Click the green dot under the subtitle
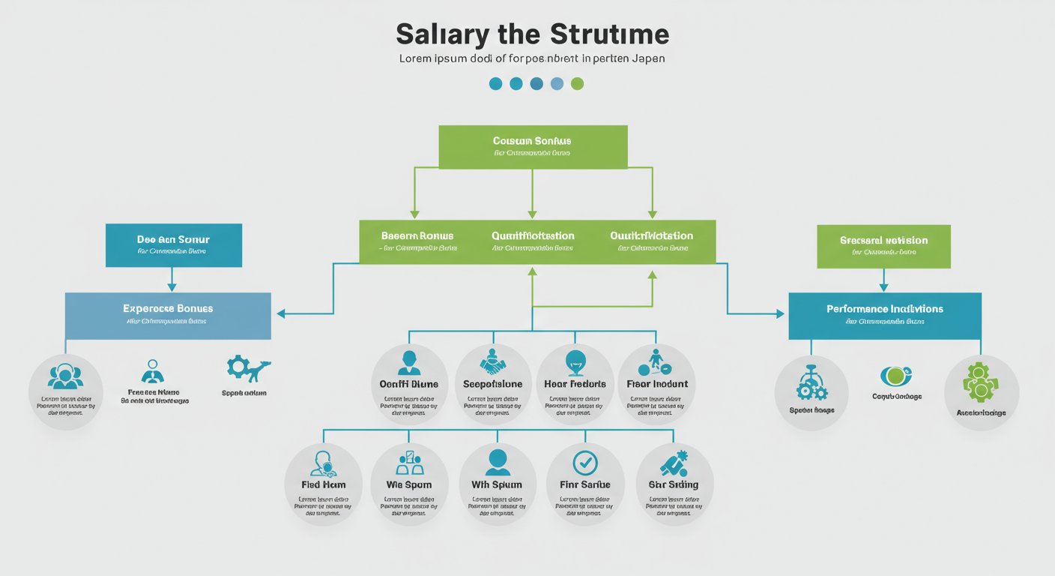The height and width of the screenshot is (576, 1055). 577,83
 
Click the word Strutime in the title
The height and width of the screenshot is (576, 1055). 608,34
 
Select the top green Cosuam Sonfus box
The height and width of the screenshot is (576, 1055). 532,146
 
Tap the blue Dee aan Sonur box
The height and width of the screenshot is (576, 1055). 173,244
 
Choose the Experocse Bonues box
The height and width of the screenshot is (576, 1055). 168,315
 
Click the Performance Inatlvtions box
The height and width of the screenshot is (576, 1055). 884,315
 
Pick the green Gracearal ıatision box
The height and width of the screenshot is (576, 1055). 883,246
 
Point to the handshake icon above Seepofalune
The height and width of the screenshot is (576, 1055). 493,362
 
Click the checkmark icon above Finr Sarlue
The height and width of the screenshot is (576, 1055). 584,462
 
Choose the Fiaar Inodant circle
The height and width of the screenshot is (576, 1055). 656,383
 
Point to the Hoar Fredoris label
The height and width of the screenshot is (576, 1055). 575,384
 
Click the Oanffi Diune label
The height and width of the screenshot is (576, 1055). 408,384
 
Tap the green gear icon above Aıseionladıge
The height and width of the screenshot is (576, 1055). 981,382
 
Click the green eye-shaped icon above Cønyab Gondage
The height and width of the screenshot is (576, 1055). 895,375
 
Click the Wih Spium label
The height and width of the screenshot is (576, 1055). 496,484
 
